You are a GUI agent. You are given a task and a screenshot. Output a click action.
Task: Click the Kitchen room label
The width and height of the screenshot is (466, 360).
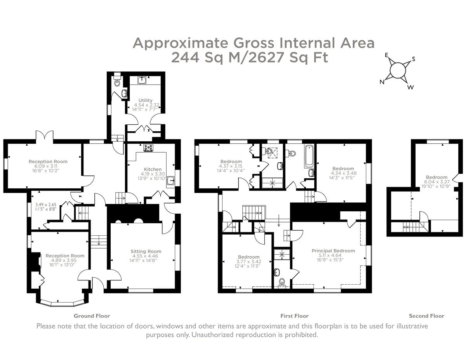click(x=153, y=169)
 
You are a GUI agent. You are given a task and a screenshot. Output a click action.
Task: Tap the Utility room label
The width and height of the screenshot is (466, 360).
click(x=145, y=100)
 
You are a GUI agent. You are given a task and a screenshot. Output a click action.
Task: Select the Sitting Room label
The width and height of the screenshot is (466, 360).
click(x=146, y=251)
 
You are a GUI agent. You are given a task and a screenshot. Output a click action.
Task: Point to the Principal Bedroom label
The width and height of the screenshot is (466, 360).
click(x=333, y=250)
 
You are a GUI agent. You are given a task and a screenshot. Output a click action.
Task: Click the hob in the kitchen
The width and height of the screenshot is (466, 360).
click(x=148, y=148)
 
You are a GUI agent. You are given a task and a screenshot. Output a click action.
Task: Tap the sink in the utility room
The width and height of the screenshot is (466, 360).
click(x=142, y=80)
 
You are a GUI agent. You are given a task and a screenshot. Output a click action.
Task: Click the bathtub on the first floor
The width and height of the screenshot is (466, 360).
click(x=309, y=156)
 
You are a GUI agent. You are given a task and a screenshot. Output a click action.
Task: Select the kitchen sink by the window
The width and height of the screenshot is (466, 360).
click(x=171, y=180)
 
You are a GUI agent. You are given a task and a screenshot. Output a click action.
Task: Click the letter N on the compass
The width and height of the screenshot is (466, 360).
click(x=382, y=82)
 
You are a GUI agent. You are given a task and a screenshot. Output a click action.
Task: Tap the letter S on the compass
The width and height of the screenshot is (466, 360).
click(x=414, y=59)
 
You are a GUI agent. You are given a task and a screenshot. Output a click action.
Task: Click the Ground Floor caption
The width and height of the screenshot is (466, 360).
click(x=92, y=316)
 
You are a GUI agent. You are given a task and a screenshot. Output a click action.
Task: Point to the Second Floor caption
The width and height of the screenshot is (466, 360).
click(x=426, y=316)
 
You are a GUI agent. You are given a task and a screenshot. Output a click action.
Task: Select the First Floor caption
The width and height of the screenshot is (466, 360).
click(x=294, y=316)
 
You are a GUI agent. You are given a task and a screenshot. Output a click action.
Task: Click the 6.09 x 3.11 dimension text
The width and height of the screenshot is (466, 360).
click(x=46, y=166)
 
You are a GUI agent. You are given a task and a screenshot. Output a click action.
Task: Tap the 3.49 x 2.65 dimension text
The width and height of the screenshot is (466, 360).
click(x=46, y=204)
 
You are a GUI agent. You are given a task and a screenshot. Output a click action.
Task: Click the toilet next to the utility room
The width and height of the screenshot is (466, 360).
click(x=117, y=83)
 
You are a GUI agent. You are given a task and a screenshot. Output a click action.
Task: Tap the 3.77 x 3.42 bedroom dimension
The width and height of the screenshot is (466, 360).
click(x=249, y=262)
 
